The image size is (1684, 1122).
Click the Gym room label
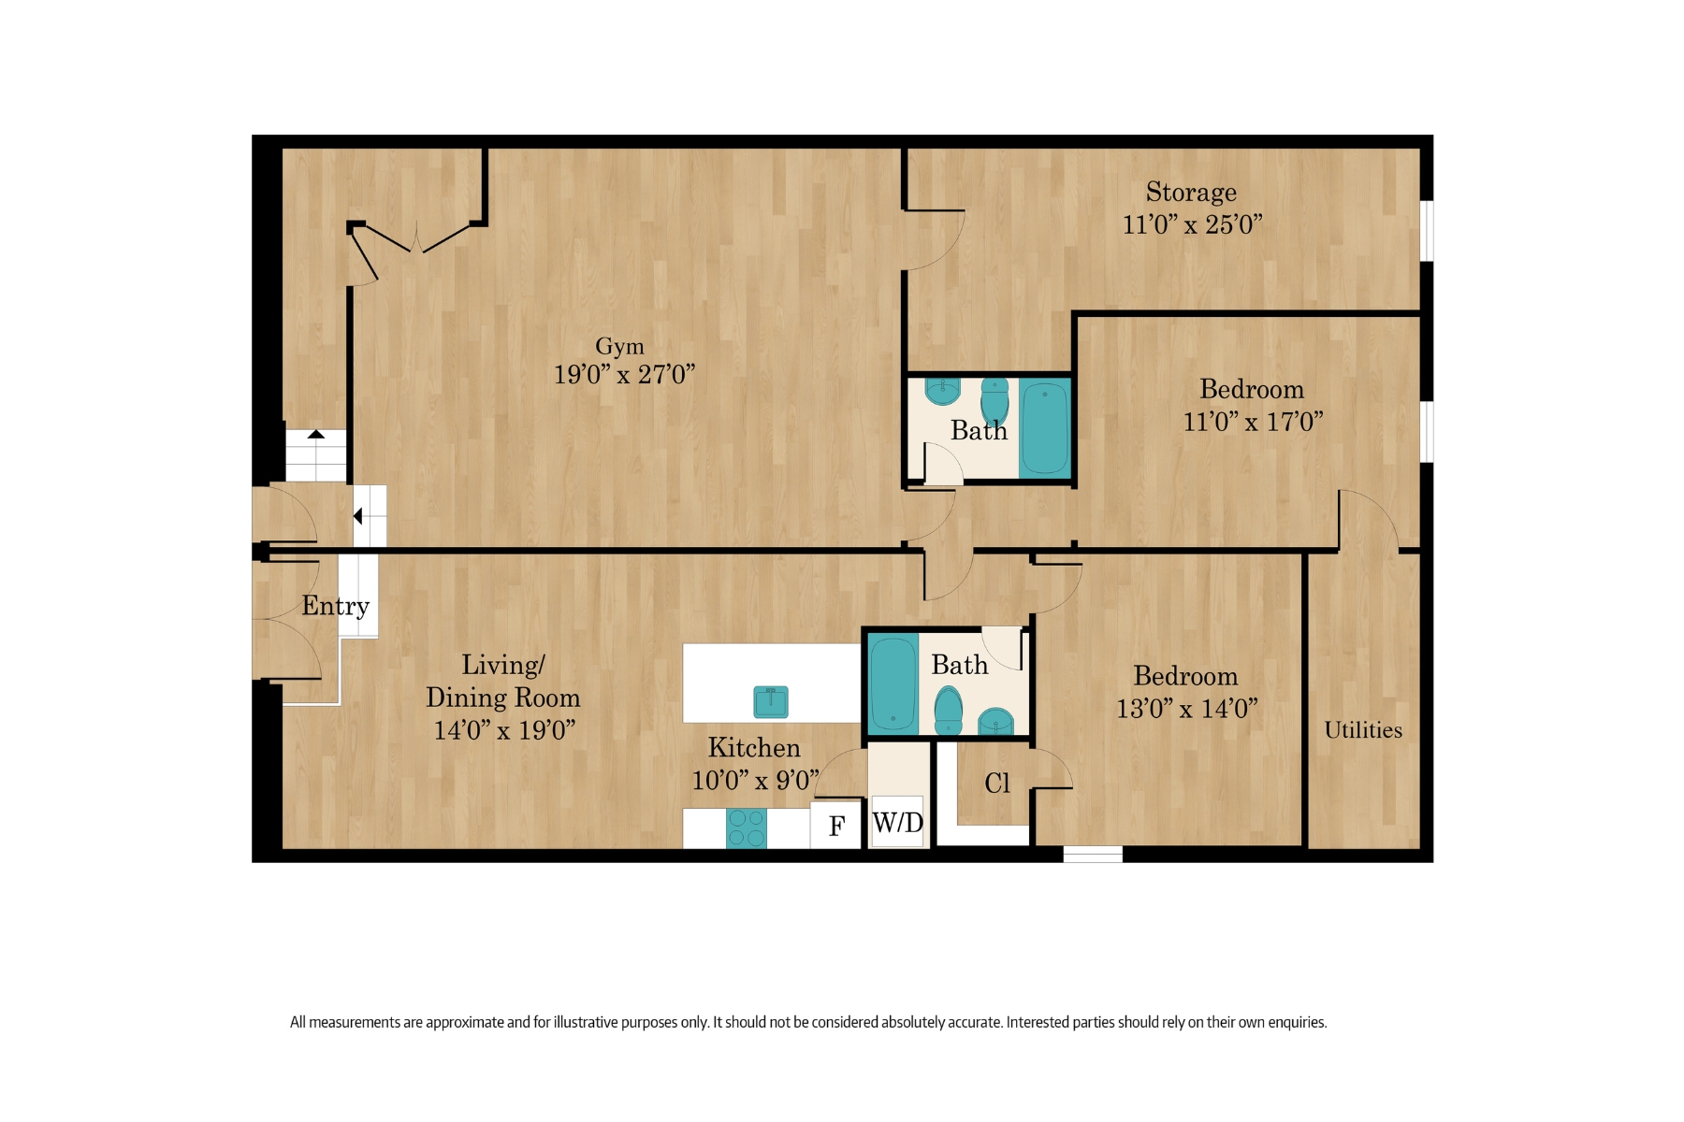point(619,347)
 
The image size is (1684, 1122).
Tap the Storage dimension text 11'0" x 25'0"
point(1192,225)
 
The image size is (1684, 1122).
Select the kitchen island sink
point(771,701)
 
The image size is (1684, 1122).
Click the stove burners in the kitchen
point(747,828)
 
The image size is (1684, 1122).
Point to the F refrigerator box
point(836,826)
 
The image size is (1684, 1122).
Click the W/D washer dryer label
point(897,823)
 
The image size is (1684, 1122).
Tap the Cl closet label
point(997,784)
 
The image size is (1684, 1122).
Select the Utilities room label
point(1363,730)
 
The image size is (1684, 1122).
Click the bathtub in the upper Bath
point(1044,429)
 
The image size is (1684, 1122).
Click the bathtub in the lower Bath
point(893,683)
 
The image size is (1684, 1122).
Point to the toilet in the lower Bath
point(949,711)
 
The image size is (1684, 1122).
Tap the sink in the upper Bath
point(942,390)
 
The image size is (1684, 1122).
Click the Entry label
point(335,607)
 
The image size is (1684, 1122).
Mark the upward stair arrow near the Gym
point(316,435)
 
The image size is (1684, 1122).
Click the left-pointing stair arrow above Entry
point(358,516)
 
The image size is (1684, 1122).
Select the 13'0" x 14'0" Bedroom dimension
point(1186,709)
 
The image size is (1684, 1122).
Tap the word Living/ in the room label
point(502,666)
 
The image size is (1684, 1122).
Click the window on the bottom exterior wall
point(1092,854)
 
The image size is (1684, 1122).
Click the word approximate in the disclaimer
point(465,1022)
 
